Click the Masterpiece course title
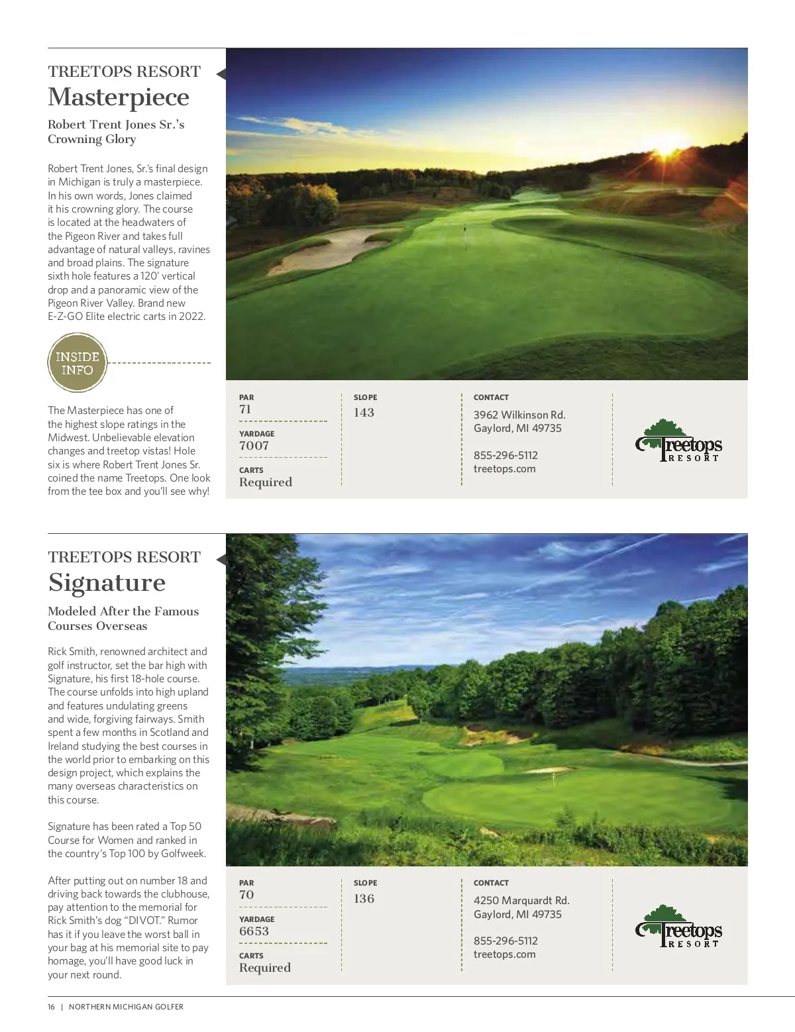click(119, 97)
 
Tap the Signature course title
click(107, 583)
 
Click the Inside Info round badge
click(78, 363)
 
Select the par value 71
click(245, 409)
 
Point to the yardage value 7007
click(254, 446)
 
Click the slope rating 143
click(364, 413)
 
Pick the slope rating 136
click(364, 899)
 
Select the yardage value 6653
click(254, 931)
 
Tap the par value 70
click(246, 895)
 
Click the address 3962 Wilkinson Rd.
click(519, 415)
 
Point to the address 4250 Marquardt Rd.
click(521, 901)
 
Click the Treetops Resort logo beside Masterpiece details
click(678, 441)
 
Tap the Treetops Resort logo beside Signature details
click(678, 927)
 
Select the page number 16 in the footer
click(52, 1007)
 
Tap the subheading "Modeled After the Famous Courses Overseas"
click(123, 619)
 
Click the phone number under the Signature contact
click(505, 941)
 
